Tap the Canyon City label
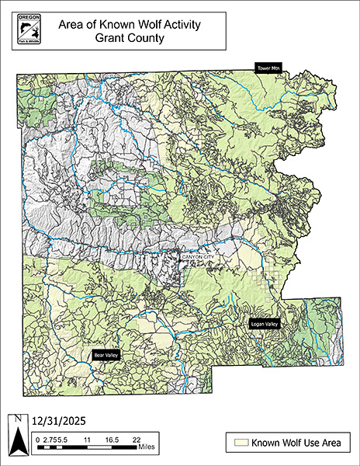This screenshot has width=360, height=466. pyautogui.click(x=196, y=255)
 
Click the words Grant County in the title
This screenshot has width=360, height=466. pyautogui.click(x=130, y=37)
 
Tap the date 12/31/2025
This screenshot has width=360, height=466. pyautogui.click(x=58, y=421)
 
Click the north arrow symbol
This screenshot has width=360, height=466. pyautogui.click(x=17, y=441)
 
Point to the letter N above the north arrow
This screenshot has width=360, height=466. pyautogui.click(x=17, y=420)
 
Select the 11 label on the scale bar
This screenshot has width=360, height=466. pyautogui.click(x=87, y=439)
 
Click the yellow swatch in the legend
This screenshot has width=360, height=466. pyautogui.click(x=241, y=443)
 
